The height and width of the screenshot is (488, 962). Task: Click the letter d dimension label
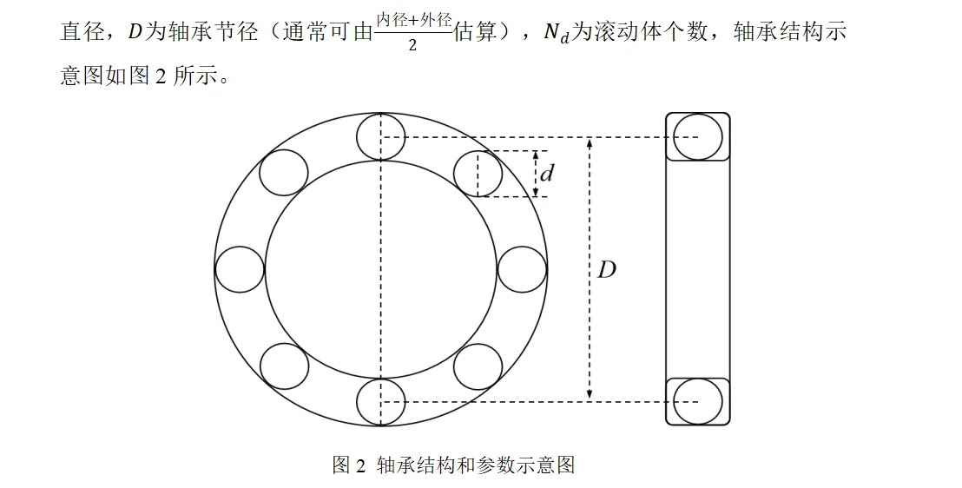click(547, 174)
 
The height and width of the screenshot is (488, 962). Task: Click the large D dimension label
click(606, 270)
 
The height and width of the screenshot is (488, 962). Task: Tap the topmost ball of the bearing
click(380, 137)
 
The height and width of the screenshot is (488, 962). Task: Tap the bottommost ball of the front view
click(380, 401)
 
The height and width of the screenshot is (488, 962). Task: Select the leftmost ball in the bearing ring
click(239, 269)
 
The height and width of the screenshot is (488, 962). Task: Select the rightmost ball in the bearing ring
click(522, 269)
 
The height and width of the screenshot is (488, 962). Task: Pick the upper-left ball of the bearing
click(284, 172)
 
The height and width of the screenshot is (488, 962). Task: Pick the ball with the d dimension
click(478, 174)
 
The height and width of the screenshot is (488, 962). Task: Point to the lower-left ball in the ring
click(284, 366)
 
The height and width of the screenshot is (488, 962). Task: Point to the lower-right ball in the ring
click(478, 366)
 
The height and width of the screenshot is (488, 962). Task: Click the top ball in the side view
click(697, 137)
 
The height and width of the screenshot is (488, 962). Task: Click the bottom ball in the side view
click(697, 401)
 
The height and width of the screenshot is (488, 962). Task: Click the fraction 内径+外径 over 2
click(413, 32)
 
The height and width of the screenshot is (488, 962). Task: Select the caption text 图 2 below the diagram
click(349, 465)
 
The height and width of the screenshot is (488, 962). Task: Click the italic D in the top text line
click(135, 33)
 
